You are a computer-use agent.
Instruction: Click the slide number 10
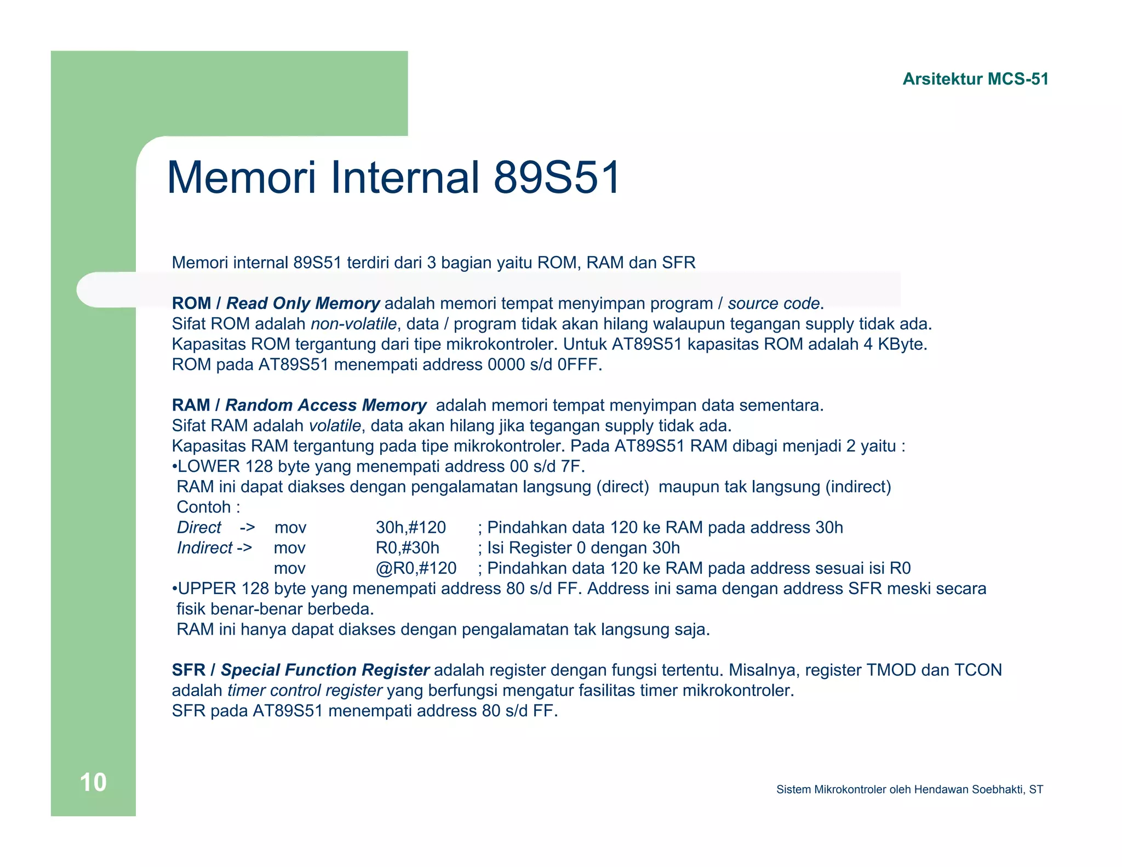93,782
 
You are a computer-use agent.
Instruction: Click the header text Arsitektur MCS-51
975,79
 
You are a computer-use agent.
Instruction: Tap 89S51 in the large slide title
557,178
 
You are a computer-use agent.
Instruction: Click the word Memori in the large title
241,178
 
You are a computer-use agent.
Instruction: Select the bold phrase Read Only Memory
303,303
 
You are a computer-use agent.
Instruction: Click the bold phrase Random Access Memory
325,405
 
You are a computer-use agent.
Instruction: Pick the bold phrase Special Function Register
325,670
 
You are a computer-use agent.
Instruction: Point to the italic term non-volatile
353,324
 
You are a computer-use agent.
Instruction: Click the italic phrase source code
773,303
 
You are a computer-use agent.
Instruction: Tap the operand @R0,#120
416,568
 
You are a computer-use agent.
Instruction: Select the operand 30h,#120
410,527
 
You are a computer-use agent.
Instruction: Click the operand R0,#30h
407,547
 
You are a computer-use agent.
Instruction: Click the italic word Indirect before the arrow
204,547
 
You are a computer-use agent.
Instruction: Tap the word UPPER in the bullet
207,589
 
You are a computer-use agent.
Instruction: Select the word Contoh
203,507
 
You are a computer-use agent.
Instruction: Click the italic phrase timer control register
305,690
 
